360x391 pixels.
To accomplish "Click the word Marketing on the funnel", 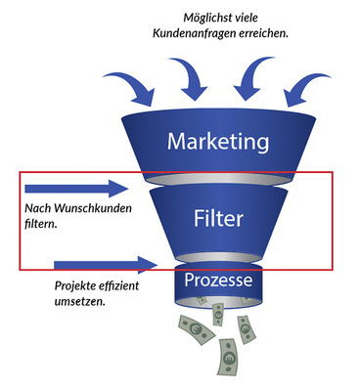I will tap(217, 143).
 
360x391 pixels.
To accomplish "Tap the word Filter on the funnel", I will tap(218, 217).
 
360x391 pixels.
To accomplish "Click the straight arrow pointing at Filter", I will tap(76, 188).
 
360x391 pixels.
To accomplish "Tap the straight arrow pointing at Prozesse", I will tap(105, 263).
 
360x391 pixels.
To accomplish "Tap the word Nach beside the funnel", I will tap(36, 208).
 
